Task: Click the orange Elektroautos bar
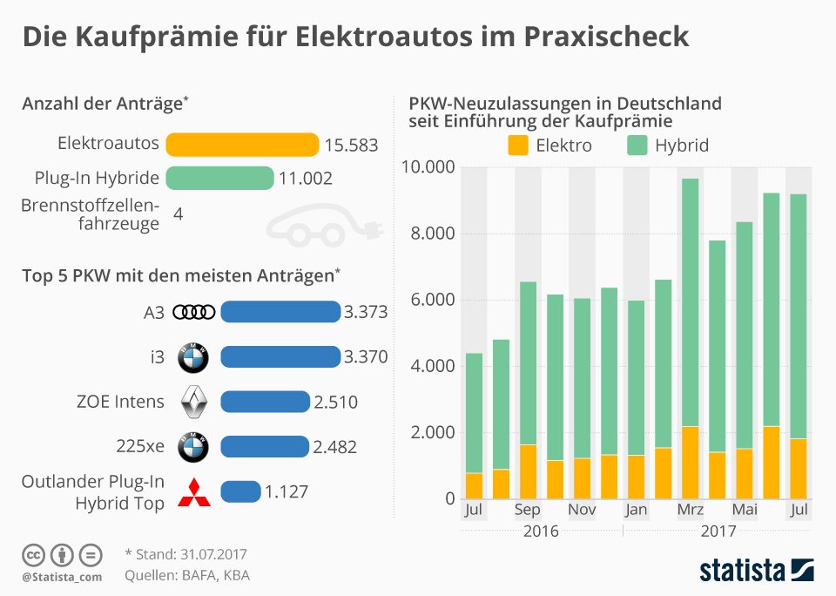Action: click(x=242, y=145)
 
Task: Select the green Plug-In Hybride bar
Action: click(x=219, y=179)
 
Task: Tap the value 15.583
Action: click(x=351, y=146)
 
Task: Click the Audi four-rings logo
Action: click(x=194, y=312)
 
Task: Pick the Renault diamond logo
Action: click(x=193, y=402)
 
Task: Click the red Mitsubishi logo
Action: click(x=193, y=492)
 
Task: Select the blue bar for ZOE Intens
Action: click(x=265, y=402)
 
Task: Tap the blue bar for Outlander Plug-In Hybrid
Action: click(x=240, y=491)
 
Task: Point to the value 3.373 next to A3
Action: click(x=366, y=312)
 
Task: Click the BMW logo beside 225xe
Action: click(x=193, y=447)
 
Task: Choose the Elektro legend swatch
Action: click(x=517, y=146)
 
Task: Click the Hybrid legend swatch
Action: click(x=637, y=146)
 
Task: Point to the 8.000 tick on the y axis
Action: click(x=433, y=234)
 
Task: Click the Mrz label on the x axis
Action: click(x=690, y=510)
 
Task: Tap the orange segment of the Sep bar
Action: click(x=528, y=471)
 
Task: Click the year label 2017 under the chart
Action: click(x=718, y=532)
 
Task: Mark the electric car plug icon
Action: click(x=325, y=226)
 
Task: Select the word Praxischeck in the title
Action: click(x=606, y=37)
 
